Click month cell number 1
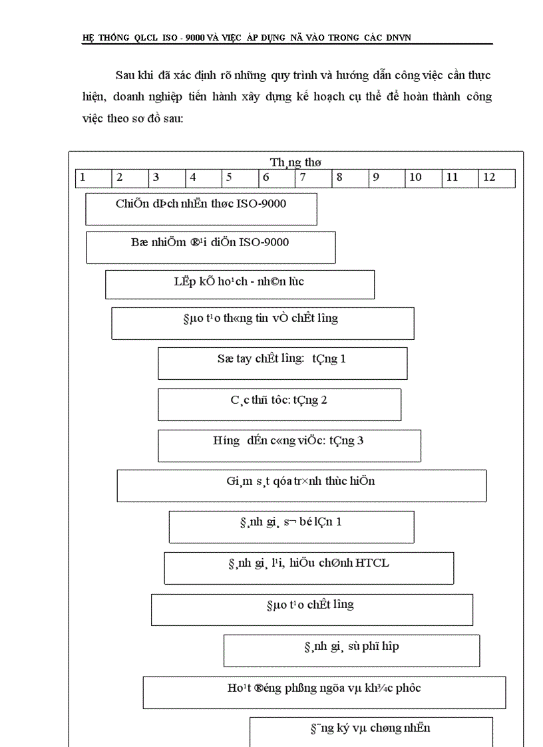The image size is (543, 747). point(93,178)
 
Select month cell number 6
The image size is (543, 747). point(276,178)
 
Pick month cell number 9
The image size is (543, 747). point(386,178)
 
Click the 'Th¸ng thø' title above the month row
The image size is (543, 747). point(296,162)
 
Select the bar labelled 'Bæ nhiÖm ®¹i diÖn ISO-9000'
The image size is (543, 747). point(210,247)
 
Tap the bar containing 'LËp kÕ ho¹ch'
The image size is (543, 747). point(240,284)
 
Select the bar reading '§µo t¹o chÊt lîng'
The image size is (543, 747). point(311,609)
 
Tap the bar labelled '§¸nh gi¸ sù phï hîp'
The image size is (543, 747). point(351,651)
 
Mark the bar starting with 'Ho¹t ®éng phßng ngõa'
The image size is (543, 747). point(324,692)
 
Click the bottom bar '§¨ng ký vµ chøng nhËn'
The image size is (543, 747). point(371,730)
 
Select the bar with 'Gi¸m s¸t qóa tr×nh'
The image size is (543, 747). point(301,486)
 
